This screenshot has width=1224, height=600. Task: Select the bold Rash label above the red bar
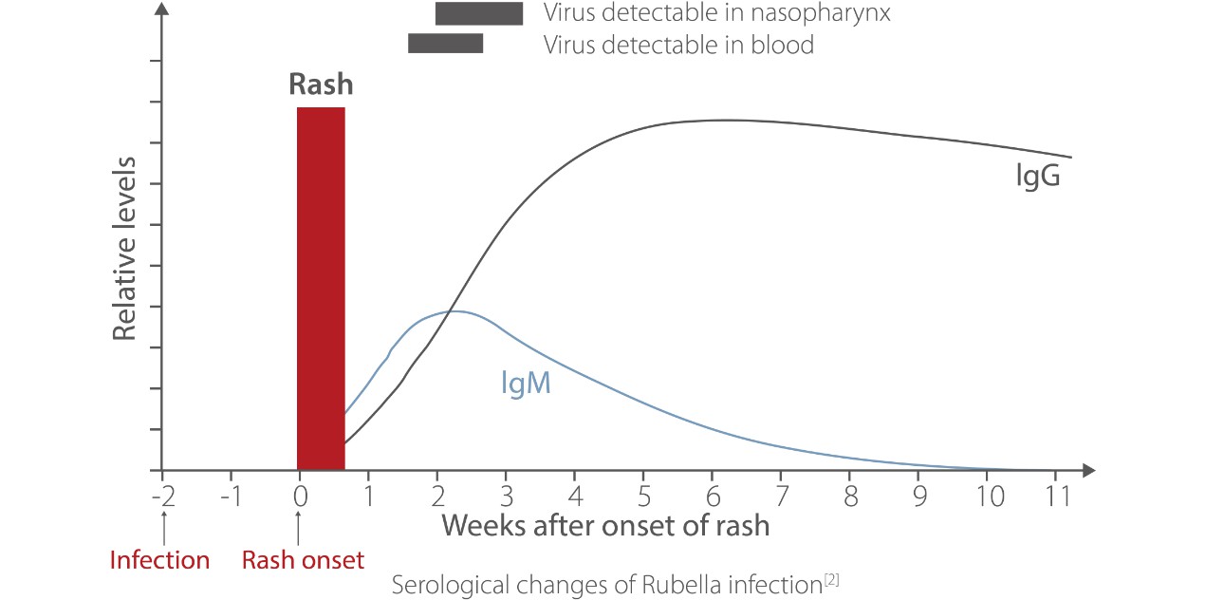(x=321, y=84)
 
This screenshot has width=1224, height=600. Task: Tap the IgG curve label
(x=1036, y=177)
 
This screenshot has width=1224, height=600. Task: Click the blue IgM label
(x=526, y=384)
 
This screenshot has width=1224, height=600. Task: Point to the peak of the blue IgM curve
(x=454, y=311)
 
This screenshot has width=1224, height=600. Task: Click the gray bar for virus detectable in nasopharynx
(x=478, y=13)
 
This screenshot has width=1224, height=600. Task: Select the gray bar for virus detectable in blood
(x=445, y=44)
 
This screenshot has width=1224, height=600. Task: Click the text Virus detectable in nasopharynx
(x=716, y=13)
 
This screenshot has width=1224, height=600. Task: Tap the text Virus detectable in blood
(x=678, y=44)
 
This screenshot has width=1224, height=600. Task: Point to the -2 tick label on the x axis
(x=162, y=496)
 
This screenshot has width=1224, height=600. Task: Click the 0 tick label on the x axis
(x=299, y=496)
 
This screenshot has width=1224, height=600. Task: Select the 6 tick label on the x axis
(x=713, y=496)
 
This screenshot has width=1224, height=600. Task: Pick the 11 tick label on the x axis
(x=1056, y=496)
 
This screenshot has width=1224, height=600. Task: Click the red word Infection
(x=159, y=560)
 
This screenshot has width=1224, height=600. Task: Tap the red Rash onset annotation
(x=303, y=560)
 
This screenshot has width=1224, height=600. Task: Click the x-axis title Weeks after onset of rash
(x=605, y=525)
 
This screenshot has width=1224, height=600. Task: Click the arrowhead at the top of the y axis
(x=163, y=11)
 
